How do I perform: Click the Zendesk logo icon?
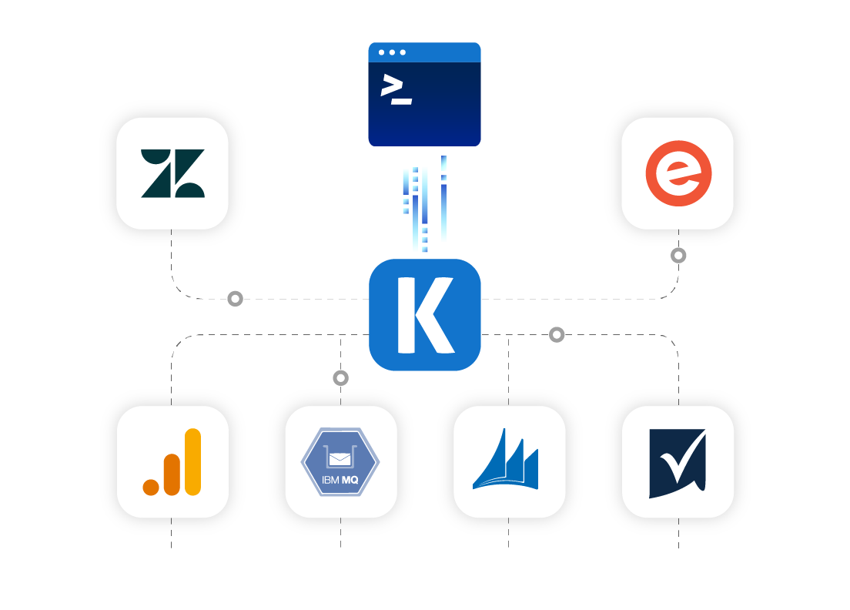pyautogui.click(x=172, y=173)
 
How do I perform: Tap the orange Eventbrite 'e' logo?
pyautogui.click(x=678, y=173)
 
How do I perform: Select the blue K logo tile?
pyautogui.click(x=425, y=315)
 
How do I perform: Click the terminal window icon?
pyautogui.click(x=425, y=94)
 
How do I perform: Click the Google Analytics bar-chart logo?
pyautogui.click(x=172, y=462)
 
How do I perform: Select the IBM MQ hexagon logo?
pyautogui.click(x=340, y=462)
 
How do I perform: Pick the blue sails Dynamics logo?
pyautogui.click(x=506, y=461)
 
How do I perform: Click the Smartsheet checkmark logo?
pyautogui.click(x=678, y=463)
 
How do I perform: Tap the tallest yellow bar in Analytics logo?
pyautogui.click(x=192, y=461)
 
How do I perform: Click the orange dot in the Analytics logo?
pyautogui.click(x=151, y=487)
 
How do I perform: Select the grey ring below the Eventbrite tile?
pyautogui.click(x=678, y=255)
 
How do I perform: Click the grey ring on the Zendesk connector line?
pyautogui.click(x=235, y=298)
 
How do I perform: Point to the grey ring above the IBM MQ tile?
pyautogui.click(x=340, y=377)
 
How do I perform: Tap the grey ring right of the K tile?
pyautogui.click(x=557, y=334)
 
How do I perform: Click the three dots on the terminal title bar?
pyautogui.click(x=392, y=52)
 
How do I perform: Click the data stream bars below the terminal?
pyautogui.click(x=424, y=203)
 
